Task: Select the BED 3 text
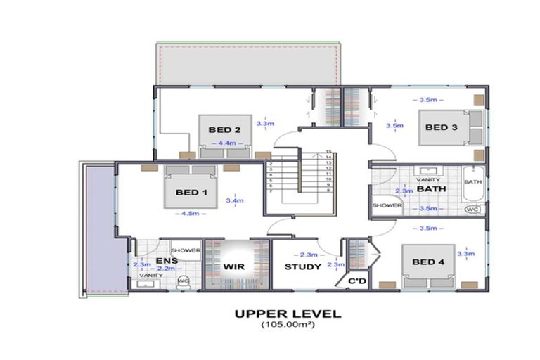coord(441,127)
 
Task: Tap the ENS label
coord(167,262)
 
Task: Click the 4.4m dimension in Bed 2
coord(226,143)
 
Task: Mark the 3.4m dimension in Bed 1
coord(234,200)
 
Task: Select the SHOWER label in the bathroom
coord(387,206)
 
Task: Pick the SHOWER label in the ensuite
coord(186,250)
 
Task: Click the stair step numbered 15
coord(328,152)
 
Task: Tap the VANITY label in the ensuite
coord(150,275)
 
